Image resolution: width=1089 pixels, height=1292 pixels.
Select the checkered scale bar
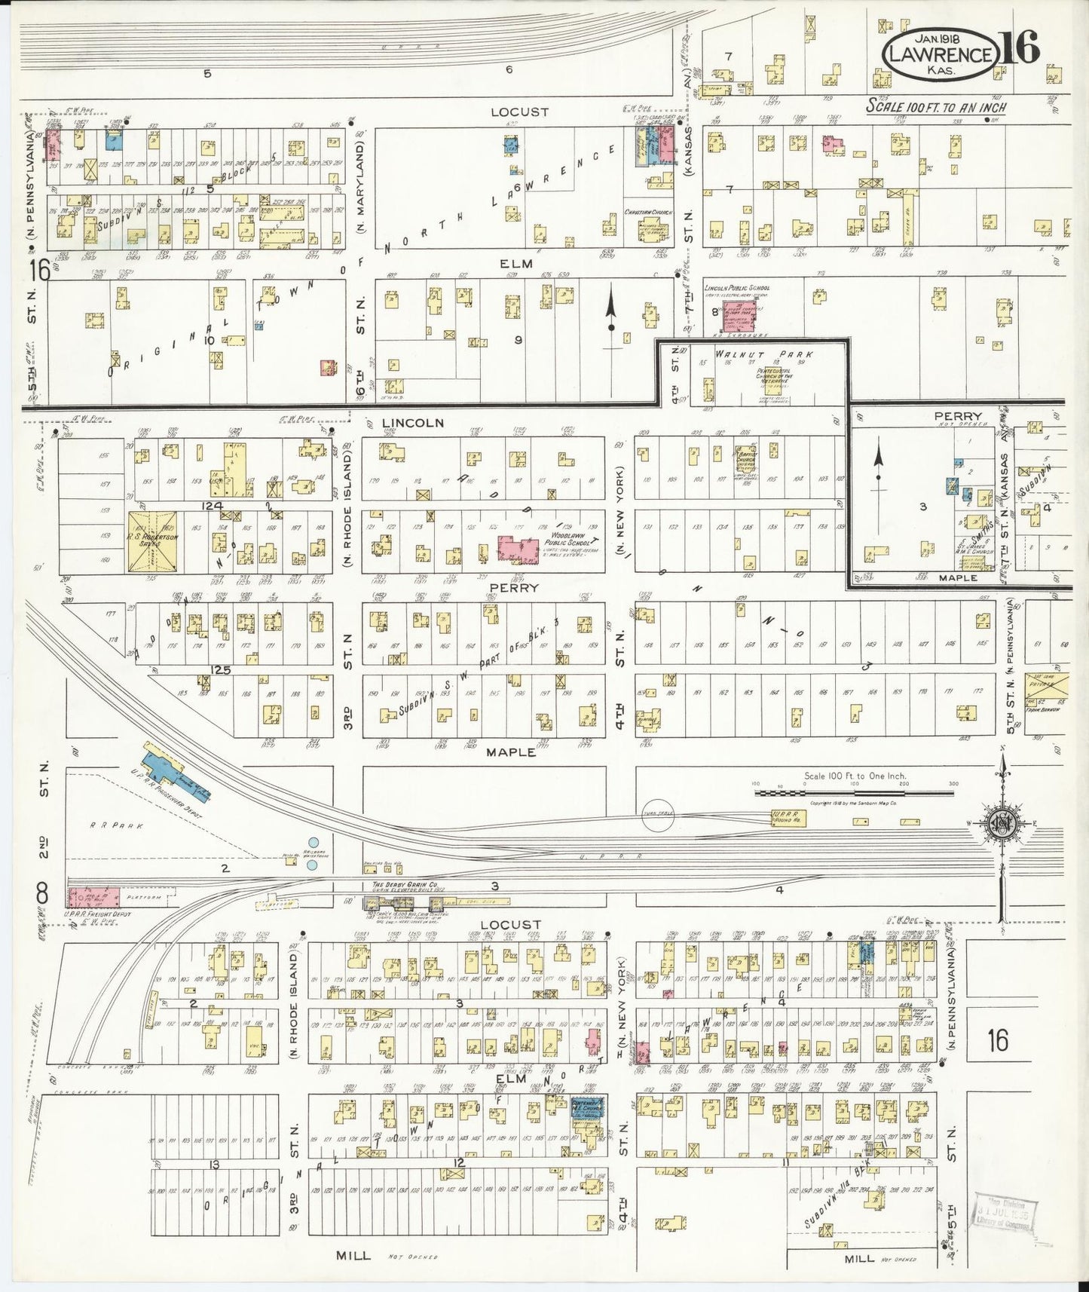[852, 791]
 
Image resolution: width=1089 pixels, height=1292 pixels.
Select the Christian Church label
[647, 213]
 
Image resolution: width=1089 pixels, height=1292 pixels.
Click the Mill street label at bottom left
[353, 1255]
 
